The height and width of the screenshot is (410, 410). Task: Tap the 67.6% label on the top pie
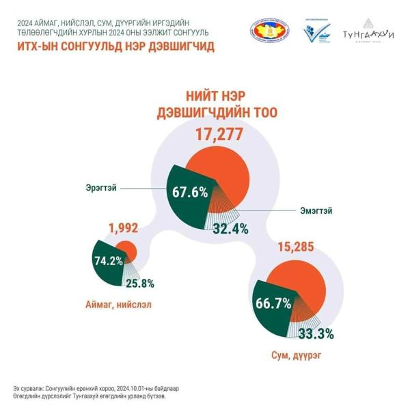[190, 193]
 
